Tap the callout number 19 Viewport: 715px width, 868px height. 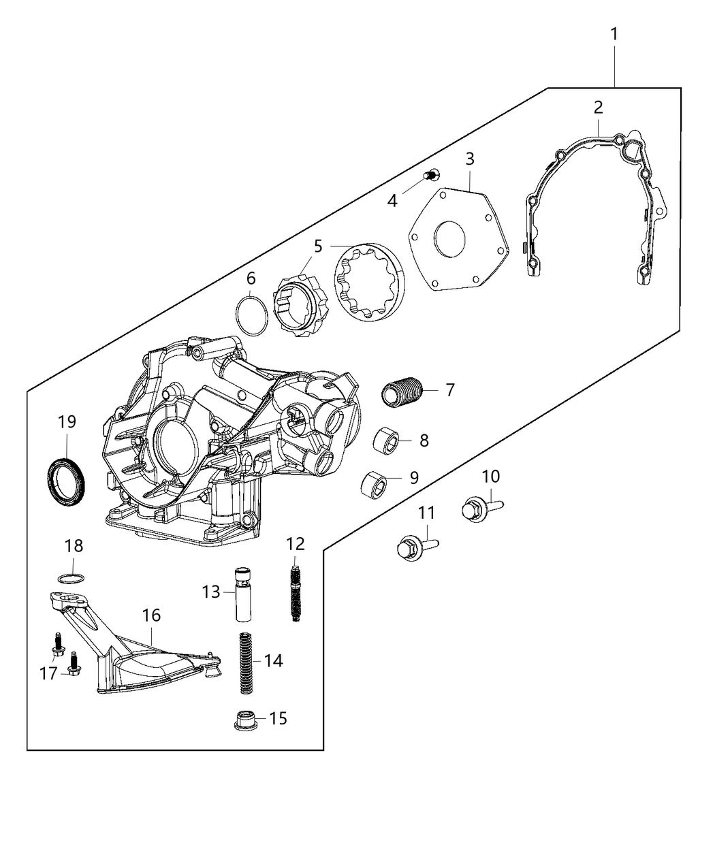[x=67, y=422]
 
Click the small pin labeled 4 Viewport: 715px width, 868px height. [x=430, y=176]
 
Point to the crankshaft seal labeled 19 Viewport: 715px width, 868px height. [x=67, y=482]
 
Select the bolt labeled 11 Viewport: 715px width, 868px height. [x=413, y=546]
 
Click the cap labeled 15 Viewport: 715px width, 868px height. [x=244, y=720]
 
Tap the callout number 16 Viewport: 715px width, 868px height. [x=151, y=615]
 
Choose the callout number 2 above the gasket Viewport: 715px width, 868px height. [x=598, y=108]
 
